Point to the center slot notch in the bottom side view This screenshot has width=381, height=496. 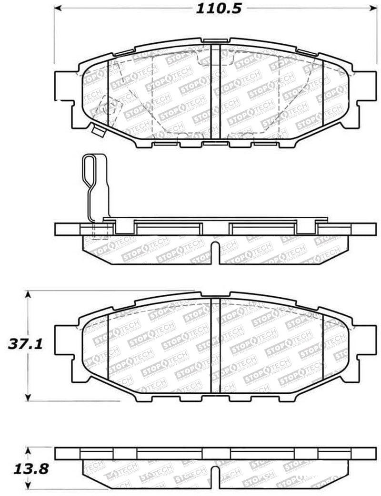coord(216,476)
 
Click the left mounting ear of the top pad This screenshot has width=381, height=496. coord(65,86)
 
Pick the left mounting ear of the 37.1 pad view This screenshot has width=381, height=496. coord(65,340)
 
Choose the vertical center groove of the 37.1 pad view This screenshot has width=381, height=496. coord(215,345)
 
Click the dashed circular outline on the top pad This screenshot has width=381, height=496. coord(108,107)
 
